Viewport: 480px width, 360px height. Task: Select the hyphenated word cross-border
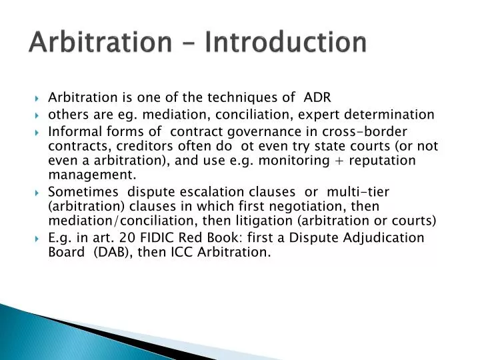(x=367, y=131)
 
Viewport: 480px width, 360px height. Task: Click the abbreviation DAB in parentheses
(x=115, y=253)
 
